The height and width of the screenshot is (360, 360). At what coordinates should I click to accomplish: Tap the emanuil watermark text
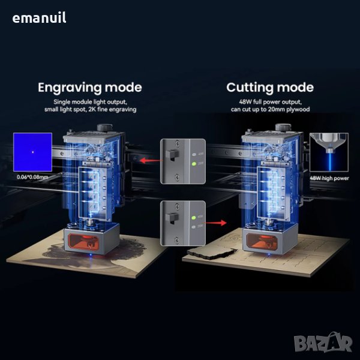[40, 18]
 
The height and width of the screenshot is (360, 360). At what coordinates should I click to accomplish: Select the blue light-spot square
[33, 153]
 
